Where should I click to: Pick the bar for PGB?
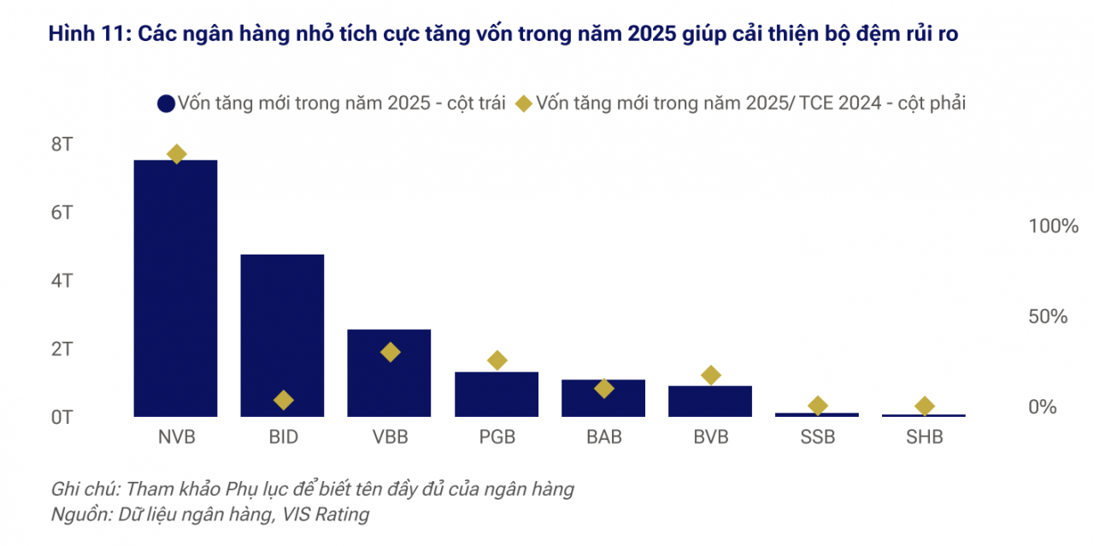[497, 395]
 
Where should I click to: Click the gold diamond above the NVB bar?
[177, 155]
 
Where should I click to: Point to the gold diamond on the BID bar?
[284, 400]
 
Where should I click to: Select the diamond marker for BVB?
[710, 375]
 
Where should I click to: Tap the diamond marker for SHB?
[924, 406]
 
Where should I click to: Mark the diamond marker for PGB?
[497, 360]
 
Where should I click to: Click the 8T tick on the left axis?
[62, 144]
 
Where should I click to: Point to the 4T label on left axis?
[62, 281]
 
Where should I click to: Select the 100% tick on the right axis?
[1053, 226]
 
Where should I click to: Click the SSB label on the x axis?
[817, 437]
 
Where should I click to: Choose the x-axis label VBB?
[390, 437]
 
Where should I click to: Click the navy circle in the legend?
[166, 103]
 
